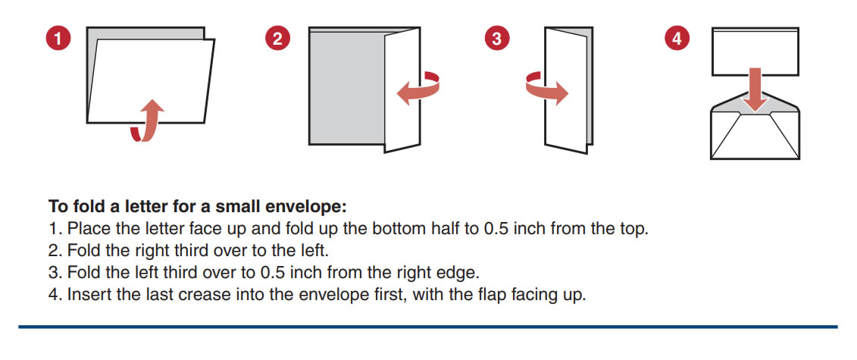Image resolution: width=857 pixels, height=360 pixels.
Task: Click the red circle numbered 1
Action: point(59,39)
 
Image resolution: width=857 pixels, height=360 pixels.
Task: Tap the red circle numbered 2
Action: point(277,39)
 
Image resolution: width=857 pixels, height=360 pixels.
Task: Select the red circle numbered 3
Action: point(497,39)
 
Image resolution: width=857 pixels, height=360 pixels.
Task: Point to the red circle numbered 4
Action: point(677,39)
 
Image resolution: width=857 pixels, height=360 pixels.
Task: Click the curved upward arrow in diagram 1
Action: point(149,121)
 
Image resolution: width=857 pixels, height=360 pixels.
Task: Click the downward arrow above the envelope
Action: point(755,90)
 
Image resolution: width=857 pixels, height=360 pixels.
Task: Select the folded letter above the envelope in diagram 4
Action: point(755,52)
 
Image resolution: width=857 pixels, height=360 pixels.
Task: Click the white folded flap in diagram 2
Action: point(402,90)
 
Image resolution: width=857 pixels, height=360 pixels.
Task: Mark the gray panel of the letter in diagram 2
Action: point(347,87)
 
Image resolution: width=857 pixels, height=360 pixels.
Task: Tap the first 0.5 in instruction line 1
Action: point(496,228)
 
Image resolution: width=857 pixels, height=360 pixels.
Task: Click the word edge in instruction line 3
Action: point(461,273)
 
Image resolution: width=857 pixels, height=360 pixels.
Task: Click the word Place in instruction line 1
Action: point(86,228)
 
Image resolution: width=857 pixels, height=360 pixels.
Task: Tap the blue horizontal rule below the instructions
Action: point(428,327)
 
